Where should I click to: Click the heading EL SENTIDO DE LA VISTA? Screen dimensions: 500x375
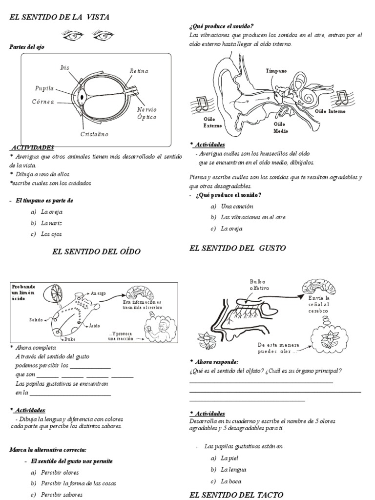pyautogui.click(x=60, y=17)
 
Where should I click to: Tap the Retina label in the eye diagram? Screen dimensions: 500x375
pyautogui.click(x=139, y=71)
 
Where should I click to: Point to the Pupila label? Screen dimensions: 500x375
pyautogui.click(x=43, y=88)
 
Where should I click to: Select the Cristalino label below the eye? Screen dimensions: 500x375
pyautogui.click(x=94, y=134)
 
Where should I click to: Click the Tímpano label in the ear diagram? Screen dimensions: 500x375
pyautogui.click(x=277, y=71)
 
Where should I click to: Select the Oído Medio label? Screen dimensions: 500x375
pyautogui.click(x=280, y=127)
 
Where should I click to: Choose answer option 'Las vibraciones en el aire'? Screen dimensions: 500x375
pyautogui.click(x=253, y=217)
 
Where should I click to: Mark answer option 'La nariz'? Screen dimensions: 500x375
pyautogui.click(x=52, y=223)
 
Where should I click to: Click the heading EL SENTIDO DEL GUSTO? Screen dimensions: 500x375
pyautogui.click(x=237, y=248)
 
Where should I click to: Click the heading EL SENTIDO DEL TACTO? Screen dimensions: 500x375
pyautogui.click(x=236, y=495)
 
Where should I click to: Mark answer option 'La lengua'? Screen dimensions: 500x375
pyautogui.click(x=233, y=470)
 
